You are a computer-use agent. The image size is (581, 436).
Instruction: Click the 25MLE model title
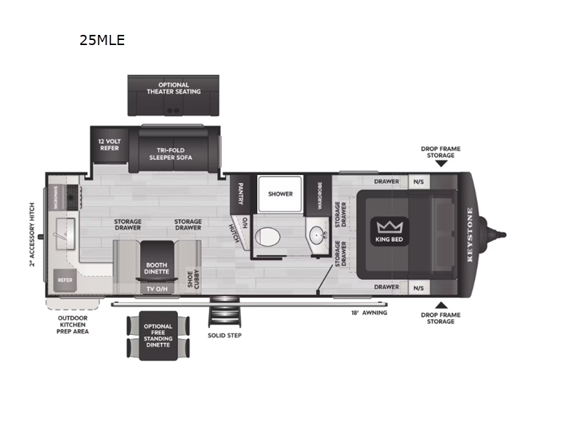click(102, 41)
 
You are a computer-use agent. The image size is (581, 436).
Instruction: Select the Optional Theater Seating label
click(174, 88)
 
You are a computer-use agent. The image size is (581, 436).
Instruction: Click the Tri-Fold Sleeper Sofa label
click(171, 153)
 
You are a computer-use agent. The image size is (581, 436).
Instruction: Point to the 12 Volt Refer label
click(110, 145)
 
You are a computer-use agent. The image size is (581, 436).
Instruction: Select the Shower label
click(280, 194)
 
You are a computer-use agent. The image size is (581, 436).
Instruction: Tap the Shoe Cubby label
click(192, 278)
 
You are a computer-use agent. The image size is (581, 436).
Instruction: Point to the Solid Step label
click(224, 335)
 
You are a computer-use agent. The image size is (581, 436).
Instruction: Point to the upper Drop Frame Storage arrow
click(441, 163)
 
